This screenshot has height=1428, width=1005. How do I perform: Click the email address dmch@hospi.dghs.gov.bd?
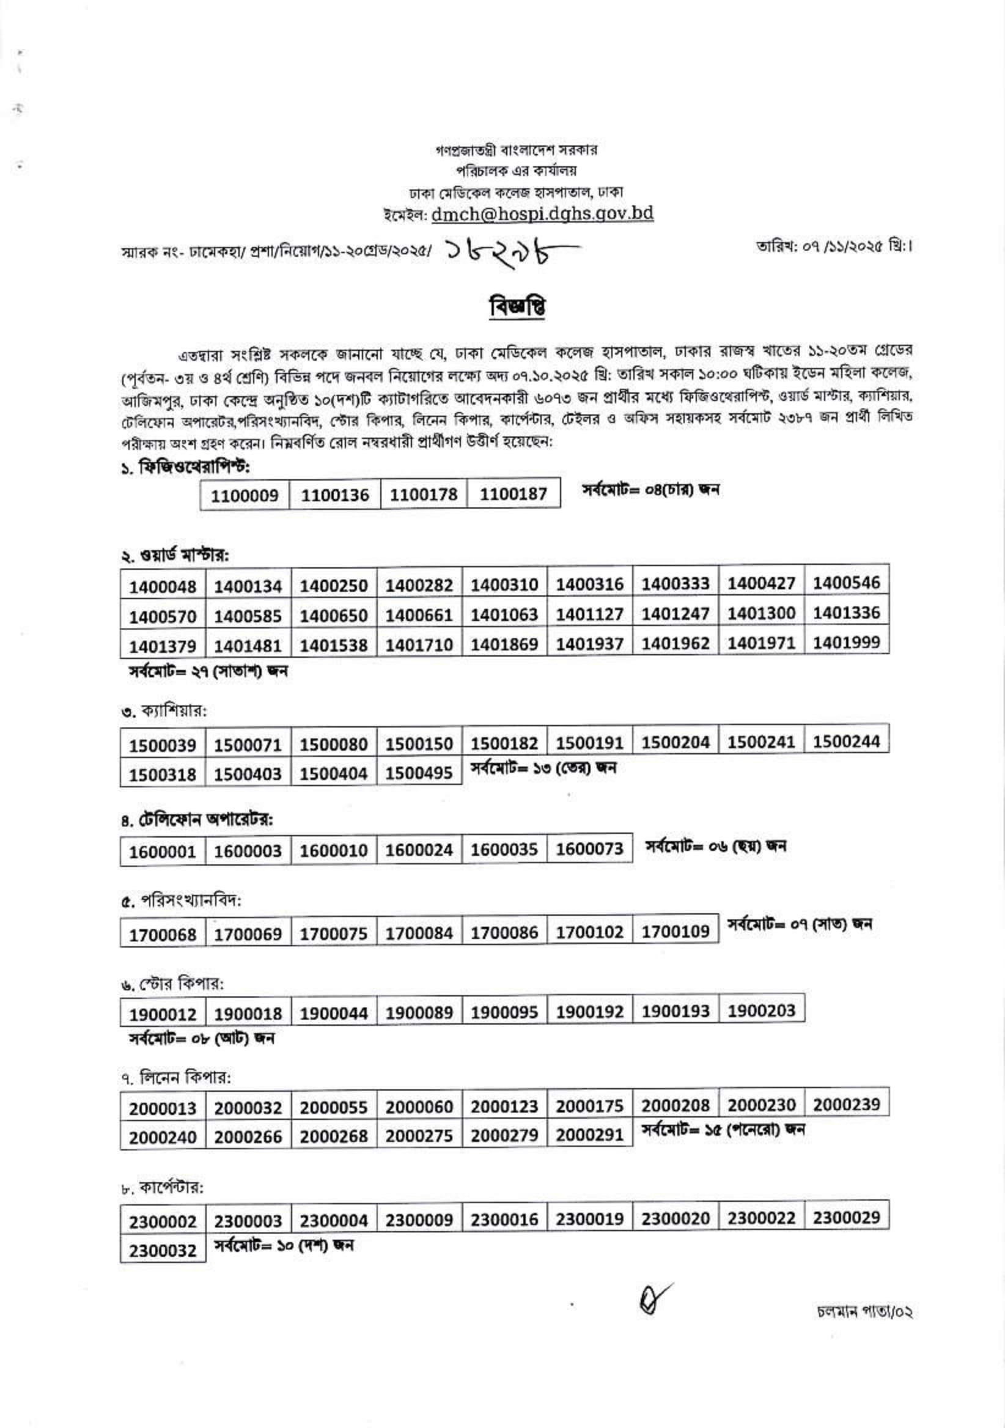pyautogui.click(x=542, y=213)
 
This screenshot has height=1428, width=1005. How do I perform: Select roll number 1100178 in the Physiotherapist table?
pyautogui.click(x=424, y=495)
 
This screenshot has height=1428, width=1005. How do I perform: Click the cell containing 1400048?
pyautogui.click(x=163, y=586)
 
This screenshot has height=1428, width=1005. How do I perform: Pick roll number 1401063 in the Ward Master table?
pyautogui.click(x=504, y=614)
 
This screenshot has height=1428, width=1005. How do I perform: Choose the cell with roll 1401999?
pyautogui.click(x=846, y=642)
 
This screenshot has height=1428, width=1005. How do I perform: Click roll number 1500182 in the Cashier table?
pyautogui.click(x=504, y=743)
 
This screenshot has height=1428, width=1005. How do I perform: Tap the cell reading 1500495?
pyautogui.click(x=419, y=773)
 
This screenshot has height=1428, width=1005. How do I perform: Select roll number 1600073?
pyautogui.click(x=589, y=849)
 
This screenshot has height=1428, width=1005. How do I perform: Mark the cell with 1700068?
pyautogui.click(x=163, y=934)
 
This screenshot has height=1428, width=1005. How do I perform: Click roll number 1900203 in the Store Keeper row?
pyautogui.click(x=761, y=1010)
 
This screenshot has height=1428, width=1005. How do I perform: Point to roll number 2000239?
pyautogui.click(x=846, y=1105)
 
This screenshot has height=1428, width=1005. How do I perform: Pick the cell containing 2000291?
pyautogui.click(x=589, y=1135)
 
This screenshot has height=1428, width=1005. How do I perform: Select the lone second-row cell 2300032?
pyautogui.click(x=163, y=1250)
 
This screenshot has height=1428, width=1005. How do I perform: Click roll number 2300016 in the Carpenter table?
pyautogui.click(x=504, y=1220)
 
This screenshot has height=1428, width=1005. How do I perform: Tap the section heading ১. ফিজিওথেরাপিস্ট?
pyautogui.click(x=186, y=466)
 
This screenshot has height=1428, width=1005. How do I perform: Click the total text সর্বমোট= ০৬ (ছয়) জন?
pyautogui.click(x=716, y=846)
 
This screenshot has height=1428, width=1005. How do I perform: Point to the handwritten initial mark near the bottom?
pyautogui.click(x=653, y=1298)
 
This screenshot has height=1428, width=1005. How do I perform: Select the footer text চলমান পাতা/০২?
pyautogui.click(x=864, y=1312)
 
